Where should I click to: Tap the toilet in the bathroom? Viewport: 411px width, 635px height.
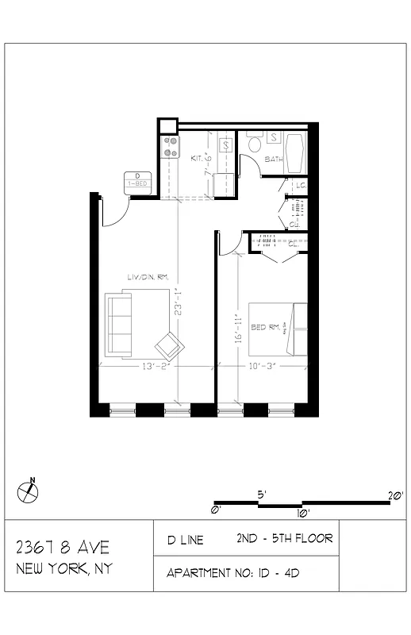pyautogui.click(x=255, y=144)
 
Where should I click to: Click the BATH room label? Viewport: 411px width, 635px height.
pyautogui.click(x=273, y=160)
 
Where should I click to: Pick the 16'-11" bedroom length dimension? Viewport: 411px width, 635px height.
pyautogui.click(x=237, y=329)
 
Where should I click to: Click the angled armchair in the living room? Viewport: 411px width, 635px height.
pyautogui.click(x=169, y=345)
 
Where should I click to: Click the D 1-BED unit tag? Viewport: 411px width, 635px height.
pyautogui.click(x=137, y=180)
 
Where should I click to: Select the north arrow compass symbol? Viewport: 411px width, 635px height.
pyautogui.click(x=29, y=491)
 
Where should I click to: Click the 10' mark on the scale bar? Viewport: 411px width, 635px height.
pyautogui.click(x=303, y=512)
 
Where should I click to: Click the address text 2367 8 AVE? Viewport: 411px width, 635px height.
pyautogui.click(x=62, y=548)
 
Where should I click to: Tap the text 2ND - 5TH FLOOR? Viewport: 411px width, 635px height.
pyautogui.click(x=284, y=538)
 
